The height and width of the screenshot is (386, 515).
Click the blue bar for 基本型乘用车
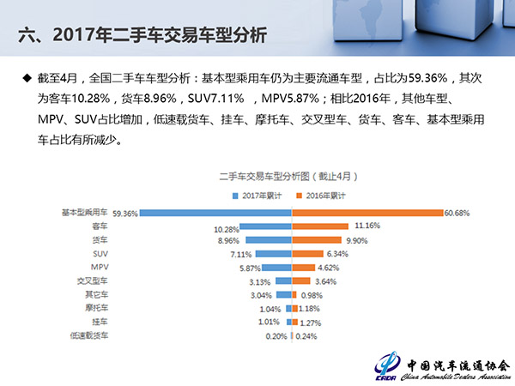click(x=215, y=213)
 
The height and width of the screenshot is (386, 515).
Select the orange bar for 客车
click(x=320, y=226)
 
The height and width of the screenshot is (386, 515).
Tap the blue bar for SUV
click(x=273, y=254)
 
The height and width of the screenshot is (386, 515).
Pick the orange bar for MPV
click(x=304, y=268)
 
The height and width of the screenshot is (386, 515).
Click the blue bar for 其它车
click(x=284, y=295)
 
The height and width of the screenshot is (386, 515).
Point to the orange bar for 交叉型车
click(x=301, y=281)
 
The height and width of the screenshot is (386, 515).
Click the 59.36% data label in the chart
click(x=124, y=214)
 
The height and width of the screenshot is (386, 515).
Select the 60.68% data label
click(x=457, y=213)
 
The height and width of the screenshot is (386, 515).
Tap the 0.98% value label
click(x=312, y=295)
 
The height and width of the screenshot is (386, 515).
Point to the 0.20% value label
click(x=276, y=336)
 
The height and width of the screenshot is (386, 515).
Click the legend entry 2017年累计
click(x=257, y=196)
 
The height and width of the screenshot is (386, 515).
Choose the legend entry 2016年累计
click(x=320, y=196)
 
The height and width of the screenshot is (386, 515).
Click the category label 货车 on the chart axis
click(x=100, y=240)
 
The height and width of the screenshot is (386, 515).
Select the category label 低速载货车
click(x=89, y=335)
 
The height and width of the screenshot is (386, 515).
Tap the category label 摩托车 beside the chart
click(x=96, y=308)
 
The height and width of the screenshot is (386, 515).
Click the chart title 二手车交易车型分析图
click(x=264, y=177)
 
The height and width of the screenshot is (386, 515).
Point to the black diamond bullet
click(x=27, y=78)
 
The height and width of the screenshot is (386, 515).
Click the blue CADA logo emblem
click(x=388, y=365)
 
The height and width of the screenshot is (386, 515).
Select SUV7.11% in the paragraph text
click(x=215, y=99)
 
